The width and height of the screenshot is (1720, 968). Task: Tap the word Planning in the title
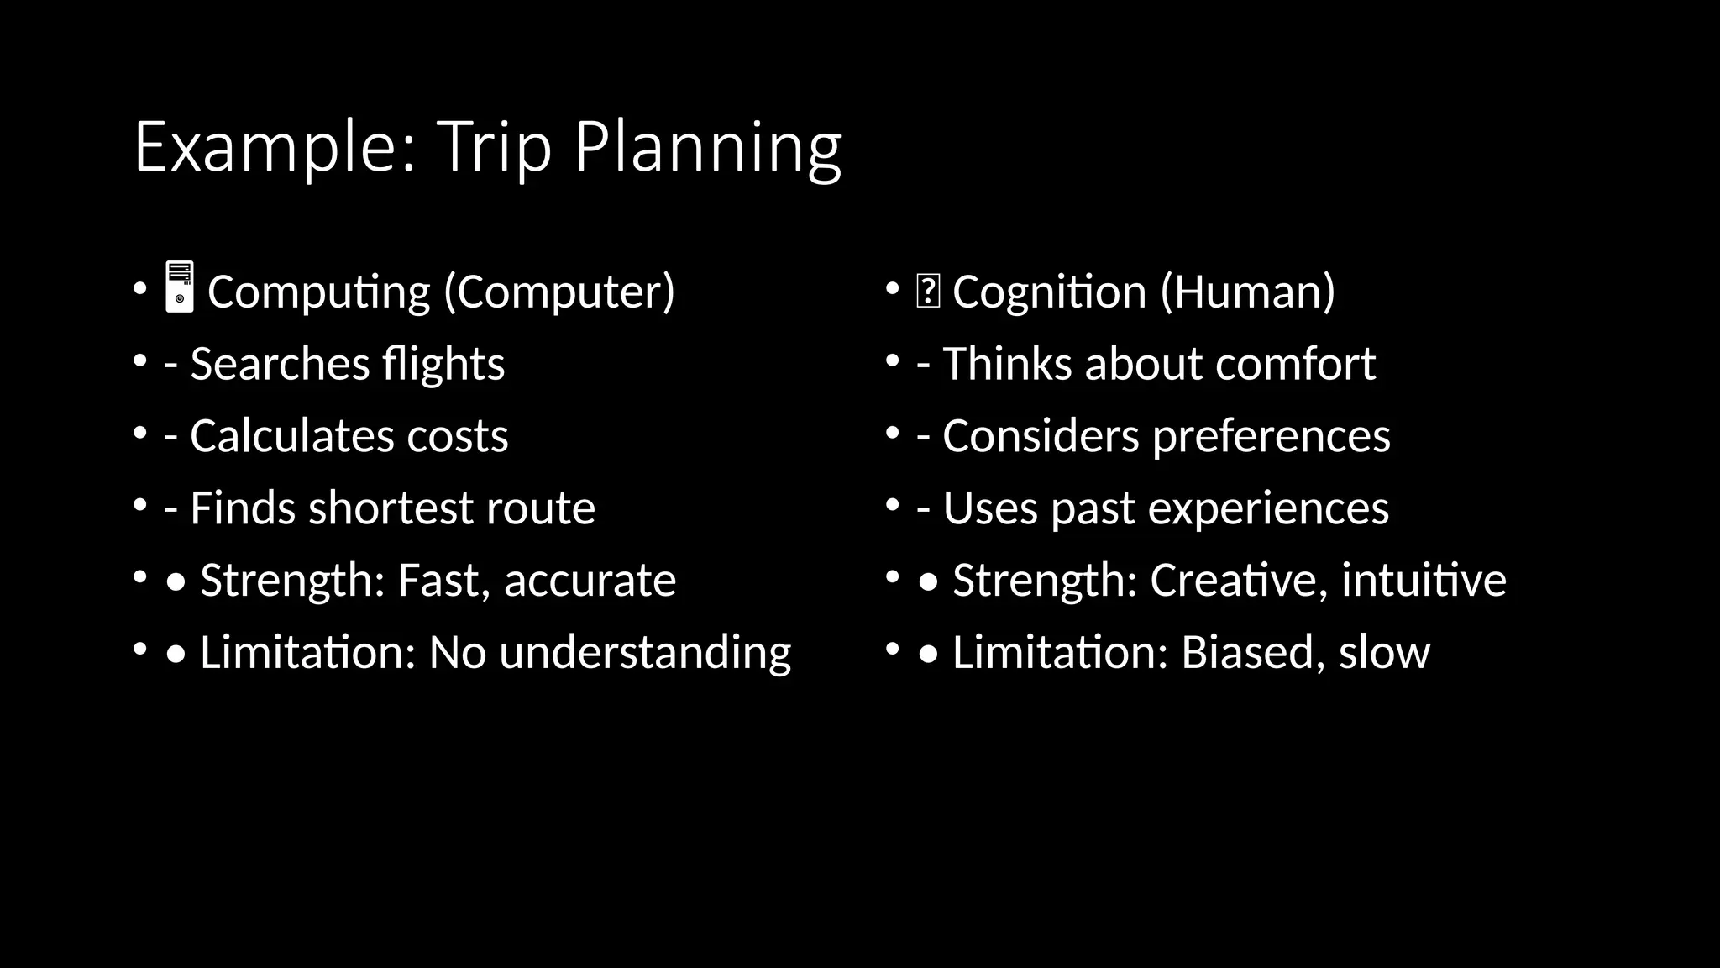click(707, 147)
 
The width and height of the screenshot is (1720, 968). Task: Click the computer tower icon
click(180, 287)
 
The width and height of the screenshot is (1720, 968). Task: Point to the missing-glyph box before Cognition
click(928, 292)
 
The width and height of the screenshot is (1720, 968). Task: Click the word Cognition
click(1049, 292)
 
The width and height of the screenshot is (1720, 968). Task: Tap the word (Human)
click(1247, 292)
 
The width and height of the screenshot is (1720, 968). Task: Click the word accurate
click(590, 581)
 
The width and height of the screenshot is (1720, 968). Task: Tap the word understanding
click(645, 653)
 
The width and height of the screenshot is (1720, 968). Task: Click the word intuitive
click(1424, 581)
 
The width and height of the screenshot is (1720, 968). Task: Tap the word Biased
click(1247, 653)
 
